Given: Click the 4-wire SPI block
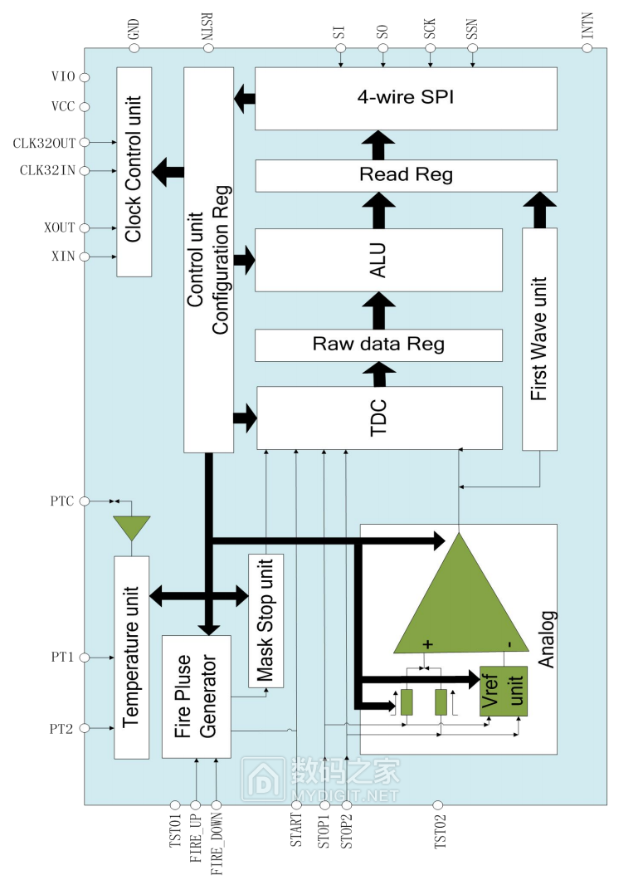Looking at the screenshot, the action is [406, 99].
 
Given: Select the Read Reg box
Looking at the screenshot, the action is [406, 176].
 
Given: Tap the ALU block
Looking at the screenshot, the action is [378, 260].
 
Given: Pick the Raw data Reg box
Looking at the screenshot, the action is [378, 345].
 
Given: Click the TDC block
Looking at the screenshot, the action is [379, 418].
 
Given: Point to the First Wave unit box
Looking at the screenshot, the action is [539, 339].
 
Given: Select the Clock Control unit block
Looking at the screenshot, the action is [134, 172].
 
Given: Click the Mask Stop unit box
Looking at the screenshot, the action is [266, 621].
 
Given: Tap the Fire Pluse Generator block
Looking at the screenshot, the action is [197, 697].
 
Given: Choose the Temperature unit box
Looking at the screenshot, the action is [131, 658].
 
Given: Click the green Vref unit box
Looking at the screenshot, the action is [504, 691].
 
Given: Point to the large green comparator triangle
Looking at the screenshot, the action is [460, 606].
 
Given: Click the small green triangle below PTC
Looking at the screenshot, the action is [132, 527].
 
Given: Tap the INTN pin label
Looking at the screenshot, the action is [587, 26].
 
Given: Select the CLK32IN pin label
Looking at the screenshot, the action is [47, 171].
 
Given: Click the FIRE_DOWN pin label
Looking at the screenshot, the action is [217, 843].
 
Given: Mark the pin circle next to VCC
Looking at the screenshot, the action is [85, 106].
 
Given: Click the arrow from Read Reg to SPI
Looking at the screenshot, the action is [378, 145].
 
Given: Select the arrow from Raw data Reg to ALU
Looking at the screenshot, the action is [378, 310].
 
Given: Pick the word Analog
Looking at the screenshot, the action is [547, 639].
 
